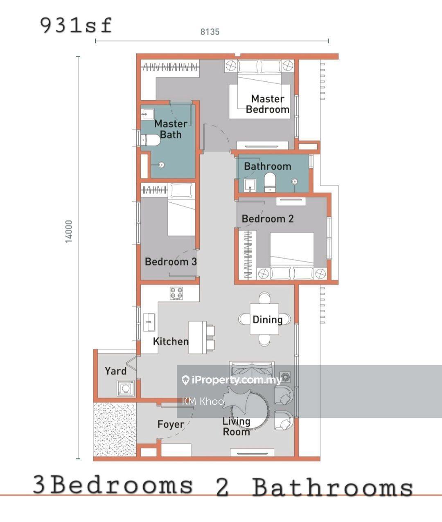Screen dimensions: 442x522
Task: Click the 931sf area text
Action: point(76,26)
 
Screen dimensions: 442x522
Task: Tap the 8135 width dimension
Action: point(210,32)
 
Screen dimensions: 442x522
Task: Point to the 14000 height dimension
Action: point(69,231)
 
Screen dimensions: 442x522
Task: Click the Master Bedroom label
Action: point(268,104)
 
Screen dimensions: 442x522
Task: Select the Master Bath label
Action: point(171,129)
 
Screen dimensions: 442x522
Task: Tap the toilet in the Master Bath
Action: point(150,140)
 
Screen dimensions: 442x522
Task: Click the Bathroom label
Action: point(268,166)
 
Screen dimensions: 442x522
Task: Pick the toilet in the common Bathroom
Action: point(270,182)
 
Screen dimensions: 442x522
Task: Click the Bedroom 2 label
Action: point(268,219)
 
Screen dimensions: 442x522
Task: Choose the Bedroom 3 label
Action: point(171,262)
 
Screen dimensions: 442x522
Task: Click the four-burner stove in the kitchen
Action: point(176,293)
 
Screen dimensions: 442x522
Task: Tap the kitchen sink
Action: point(149,322)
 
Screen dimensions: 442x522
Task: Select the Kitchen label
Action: point(171,341)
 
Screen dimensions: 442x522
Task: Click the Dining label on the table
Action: point(268,320)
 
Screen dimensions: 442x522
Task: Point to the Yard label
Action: point(115,371)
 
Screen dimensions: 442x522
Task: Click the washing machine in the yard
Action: point(125,388)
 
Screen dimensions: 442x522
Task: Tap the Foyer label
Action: point(171,424)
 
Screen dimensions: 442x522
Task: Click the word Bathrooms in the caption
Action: point(332,487)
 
